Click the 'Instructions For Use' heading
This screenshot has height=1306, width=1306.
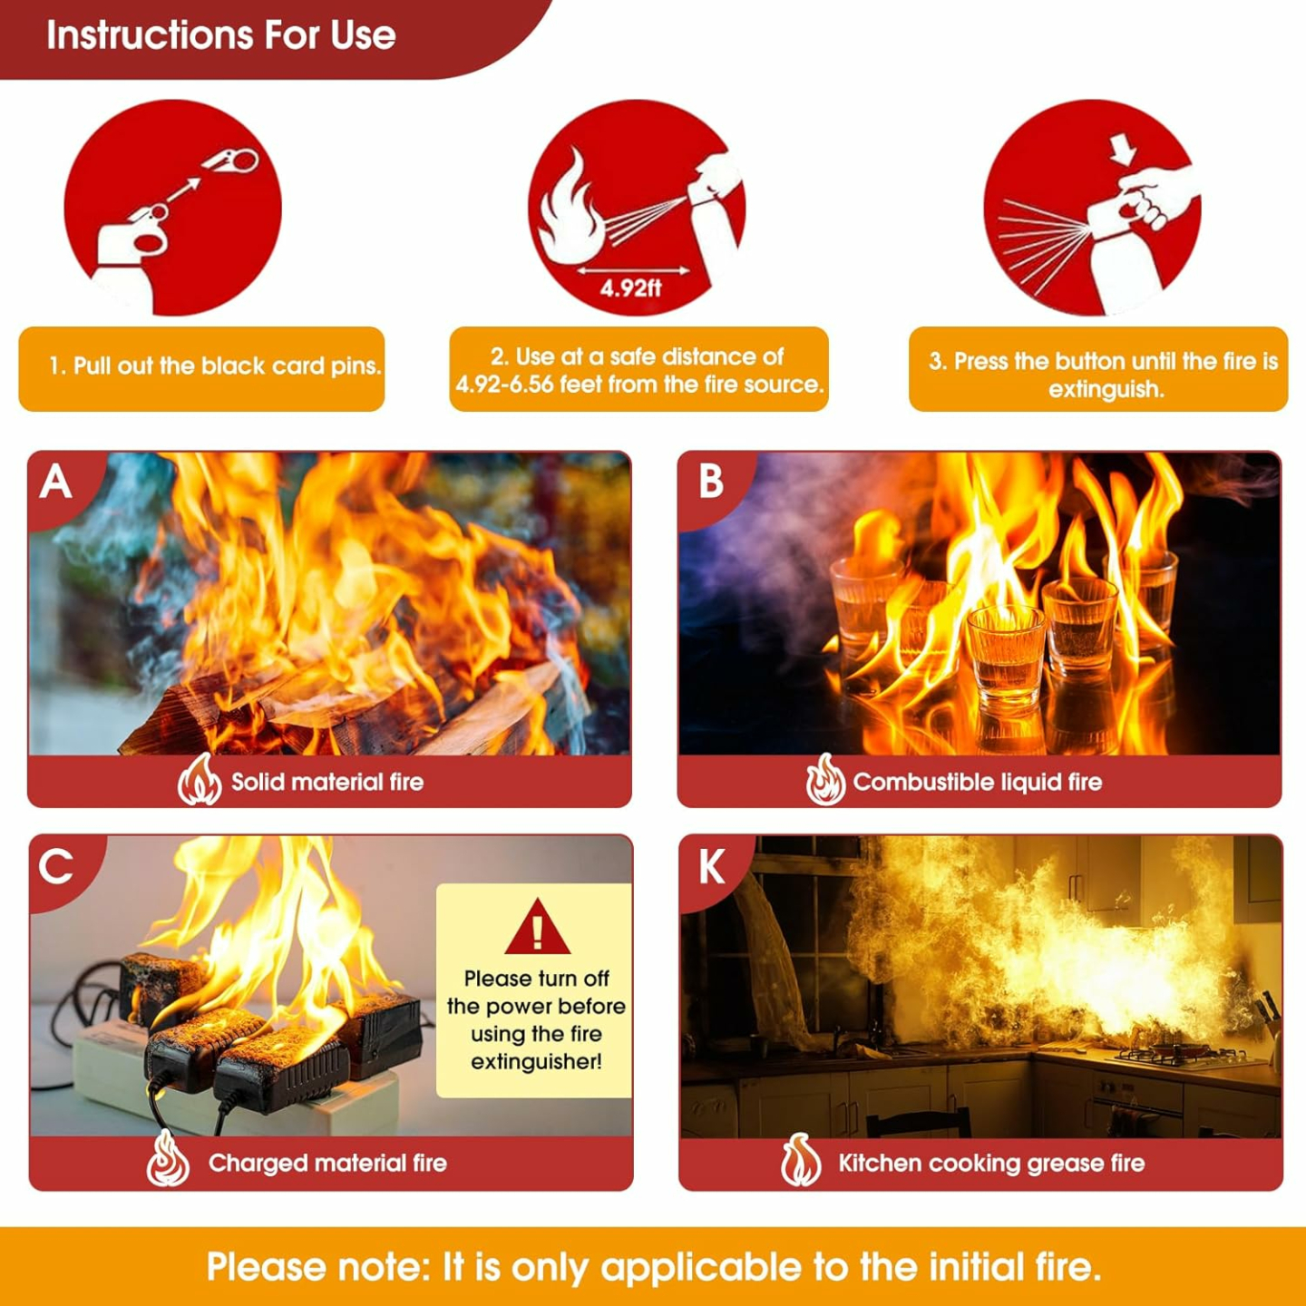[x=220, y=35]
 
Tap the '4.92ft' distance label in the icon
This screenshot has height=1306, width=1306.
[x=630, y=288]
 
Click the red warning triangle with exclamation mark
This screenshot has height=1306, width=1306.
[x=537, y=928]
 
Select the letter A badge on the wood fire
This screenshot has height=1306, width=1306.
[x=56, y=481]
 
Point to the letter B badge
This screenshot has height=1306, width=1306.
[x=711, y=481]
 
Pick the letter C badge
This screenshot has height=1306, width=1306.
[x=56, y=866]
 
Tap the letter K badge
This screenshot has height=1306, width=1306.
[x=711, y=866]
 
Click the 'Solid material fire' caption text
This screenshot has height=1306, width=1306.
[x=326, y=782]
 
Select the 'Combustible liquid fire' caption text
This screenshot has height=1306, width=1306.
[x=977, y=782]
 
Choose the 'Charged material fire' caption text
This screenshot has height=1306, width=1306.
[x=326, y=1163]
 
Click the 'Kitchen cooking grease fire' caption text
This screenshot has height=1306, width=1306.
[x=990, y=1163]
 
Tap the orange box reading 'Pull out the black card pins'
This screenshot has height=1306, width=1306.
[x=201, y=368]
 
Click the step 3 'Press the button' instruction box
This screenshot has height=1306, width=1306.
[x=1098, y=370]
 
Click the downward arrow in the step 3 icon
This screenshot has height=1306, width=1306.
[x=1123, y=148]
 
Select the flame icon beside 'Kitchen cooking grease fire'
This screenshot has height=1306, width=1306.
[x=801, y=1160]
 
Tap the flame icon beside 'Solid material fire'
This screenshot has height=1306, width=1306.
[x=200, y=780]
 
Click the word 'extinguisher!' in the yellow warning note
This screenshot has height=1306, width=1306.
[x=536, y=1061]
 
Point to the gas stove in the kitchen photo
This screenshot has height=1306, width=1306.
[x=1179, y=1054]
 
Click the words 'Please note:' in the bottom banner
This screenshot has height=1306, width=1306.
[x=319, y=1267]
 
